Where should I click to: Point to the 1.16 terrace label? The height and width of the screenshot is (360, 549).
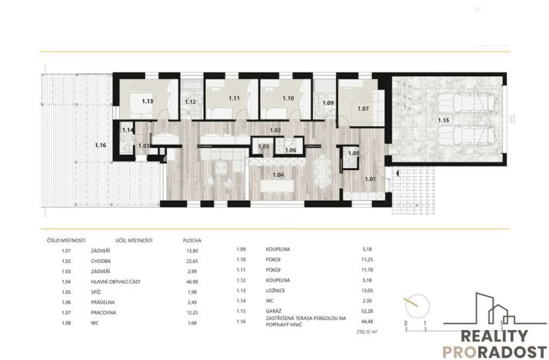coord(101,145)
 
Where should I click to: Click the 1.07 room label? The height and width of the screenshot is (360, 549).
coord(364,108)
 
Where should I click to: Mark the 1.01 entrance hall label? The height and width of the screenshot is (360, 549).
coord(371,178)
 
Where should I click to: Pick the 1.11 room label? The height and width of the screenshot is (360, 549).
coord(235,98)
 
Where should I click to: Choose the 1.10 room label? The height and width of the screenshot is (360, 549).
coord(288,98)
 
